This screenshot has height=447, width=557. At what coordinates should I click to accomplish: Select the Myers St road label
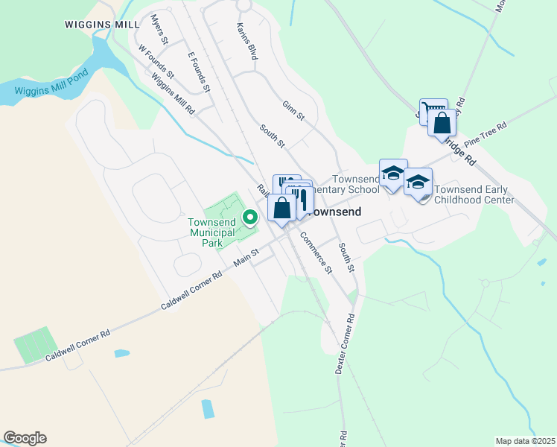(160, 28)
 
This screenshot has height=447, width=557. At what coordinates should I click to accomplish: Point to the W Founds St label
(156, 61)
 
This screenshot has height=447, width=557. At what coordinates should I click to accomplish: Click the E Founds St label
(200, 72)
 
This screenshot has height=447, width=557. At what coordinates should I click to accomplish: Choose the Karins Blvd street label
(246, 41)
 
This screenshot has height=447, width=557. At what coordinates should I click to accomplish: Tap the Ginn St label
(293, 111)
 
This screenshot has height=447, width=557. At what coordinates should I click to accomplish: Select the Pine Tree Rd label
(485, 134)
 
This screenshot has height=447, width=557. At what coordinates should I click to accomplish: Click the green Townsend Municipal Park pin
(251, 217)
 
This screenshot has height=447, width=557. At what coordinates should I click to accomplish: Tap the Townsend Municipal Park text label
(211, 232)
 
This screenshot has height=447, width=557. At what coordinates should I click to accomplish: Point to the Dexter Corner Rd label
(345, 343)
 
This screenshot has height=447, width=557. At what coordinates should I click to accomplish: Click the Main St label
(245, 258)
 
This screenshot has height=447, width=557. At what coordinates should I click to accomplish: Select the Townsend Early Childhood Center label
(474, 194)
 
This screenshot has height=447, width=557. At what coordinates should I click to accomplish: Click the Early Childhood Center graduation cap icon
(418, 182)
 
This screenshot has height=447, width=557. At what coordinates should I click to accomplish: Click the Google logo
(25, 438)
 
